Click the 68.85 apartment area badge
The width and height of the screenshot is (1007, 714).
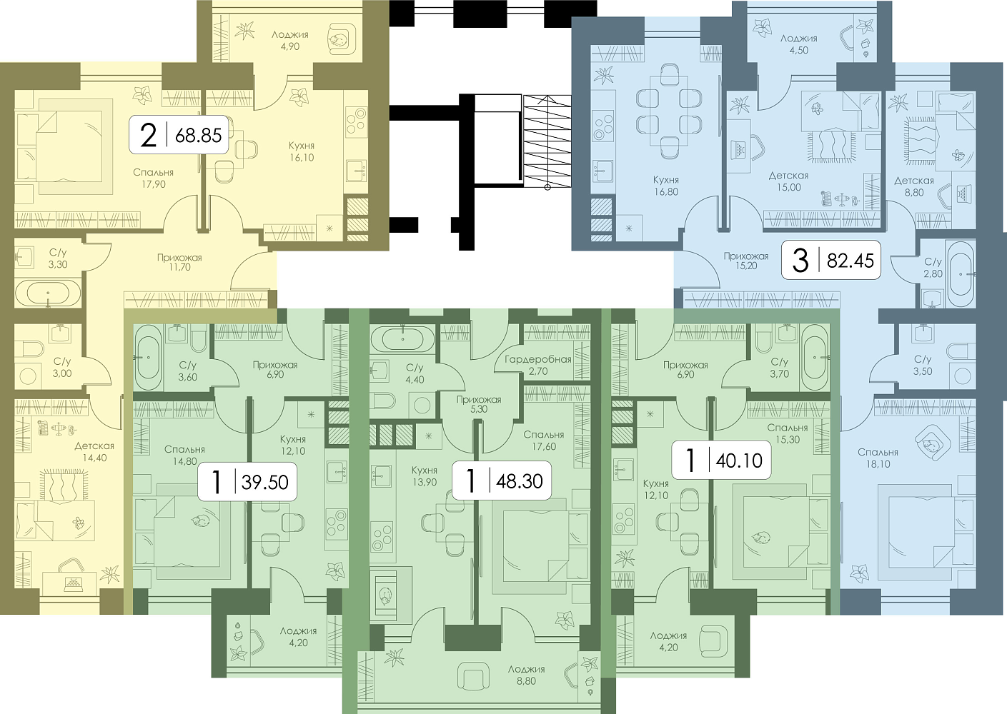[179, 135]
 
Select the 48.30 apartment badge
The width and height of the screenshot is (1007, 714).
[501, 481]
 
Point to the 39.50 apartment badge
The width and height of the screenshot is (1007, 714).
[247, 481]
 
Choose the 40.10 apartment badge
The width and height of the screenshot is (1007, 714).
[721, 461]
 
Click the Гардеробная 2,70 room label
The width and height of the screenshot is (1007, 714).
[537, 365]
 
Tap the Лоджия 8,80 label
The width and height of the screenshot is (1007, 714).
[527, 675]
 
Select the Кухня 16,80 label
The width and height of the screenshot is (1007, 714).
[666, 186]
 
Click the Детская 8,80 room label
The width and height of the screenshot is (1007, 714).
[914, 186]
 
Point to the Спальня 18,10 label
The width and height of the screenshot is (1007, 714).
[878, 458]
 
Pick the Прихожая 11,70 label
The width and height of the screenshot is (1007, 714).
[179, 262]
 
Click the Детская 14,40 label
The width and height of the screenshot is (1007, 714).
[94, 452]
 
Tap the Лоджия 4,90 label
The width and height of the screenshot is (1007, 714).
[290, 41]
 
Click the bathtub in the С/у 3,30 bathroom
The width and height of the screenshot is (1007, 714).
[48, 293]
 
